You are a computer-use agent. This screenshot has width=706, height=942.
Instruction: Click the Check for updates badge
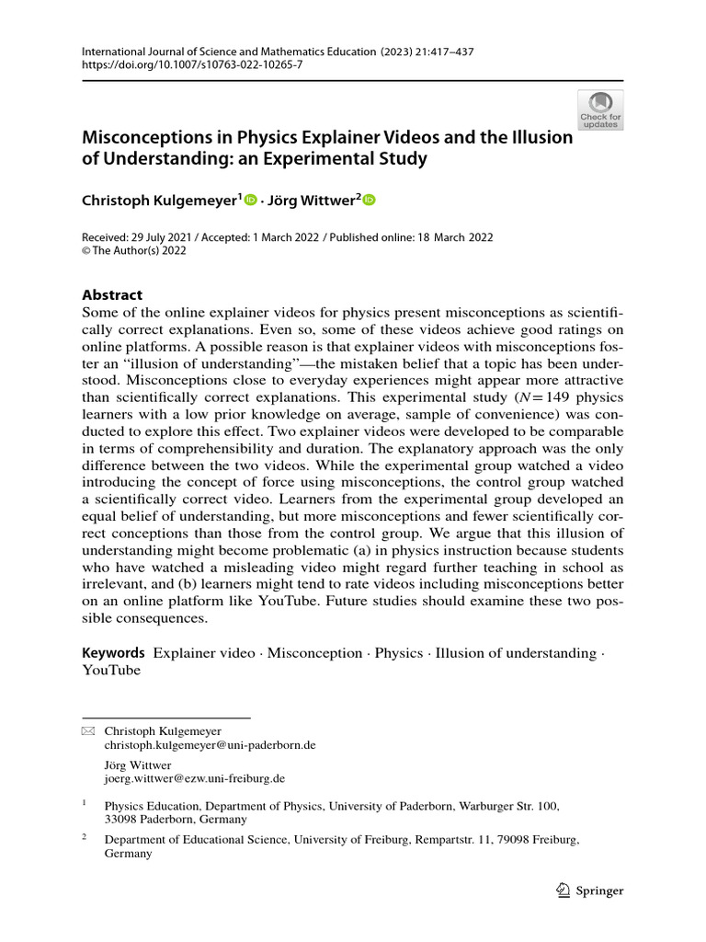click(599, 109)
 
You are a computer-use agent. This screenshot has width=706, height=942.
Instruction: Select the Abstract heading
click(112, 295)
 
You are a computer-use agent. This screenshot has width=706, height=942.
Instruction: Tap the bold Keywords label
click(114, 652)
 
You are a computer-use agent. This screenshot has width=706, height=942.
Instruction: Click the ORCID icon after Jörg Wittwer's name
click(370, 199)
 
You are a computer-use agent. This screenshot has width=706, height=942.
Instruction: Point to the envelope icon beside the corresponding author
click(88, 730)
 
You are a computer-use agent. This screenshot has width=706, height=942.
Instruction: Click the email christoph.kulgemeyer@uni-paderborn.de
click(210, 745)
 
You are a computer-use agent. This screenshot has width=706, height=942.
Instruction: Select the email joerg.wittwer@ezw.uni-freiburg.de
click(195, 777)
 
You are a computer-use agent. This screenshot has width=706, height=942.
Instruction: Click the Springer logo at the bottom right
click(590, 890)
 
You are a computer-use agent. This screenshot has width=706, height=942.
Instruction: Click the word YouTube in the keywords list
click(111, 670)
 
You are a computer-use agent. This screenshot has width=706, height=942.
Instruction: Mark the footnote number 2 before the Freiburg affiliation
click(85, 838)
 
